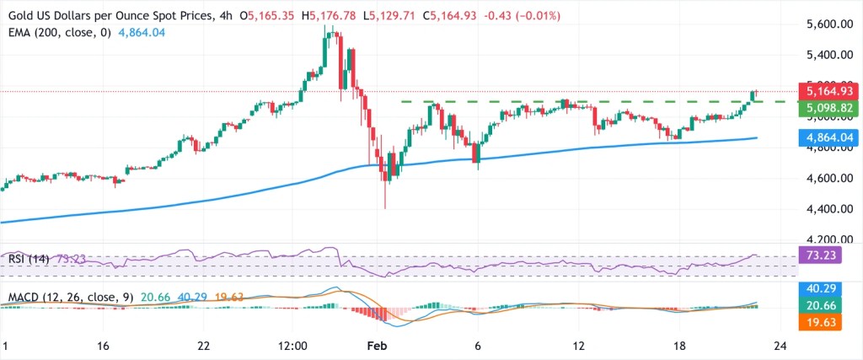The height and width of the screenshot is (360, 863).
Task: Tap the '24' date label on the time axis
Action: (780, 346)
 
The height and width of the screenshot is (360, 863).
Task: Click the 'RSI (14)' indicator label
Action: (25, 260)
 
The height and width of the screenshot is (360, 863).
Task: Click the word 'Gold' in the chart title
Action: (19, 14)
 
